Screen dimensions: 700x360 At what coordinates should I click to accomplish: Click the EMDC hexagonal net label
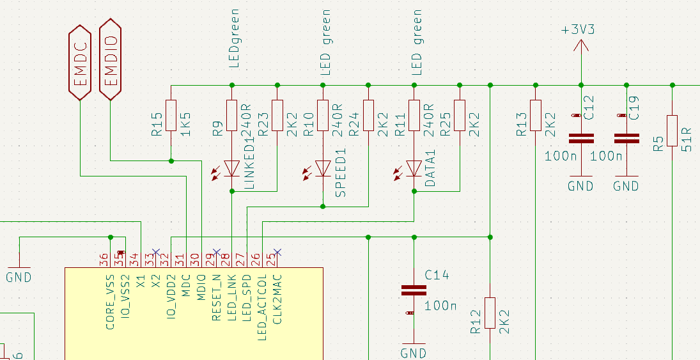80,63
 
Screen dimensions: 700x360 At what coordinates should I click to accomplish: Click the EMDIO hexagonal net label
110,59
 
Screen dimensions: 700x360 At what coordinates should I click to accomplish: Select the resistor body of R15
171,115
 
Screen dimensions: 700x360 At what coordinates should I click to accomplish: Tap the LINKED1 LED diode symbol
231,169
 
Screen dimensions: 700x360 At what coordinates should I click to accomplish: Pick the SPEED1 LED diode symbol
323,169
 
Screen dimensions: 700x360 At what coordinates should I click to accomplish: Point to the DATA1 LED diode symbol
414,169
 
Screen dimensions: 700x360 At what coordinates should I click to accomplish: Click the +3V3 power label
578,30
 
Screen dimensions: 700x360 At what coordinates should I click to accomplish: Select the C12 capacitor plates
581,139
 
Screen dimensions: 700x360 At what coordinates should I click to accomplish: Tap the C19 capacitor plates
626,139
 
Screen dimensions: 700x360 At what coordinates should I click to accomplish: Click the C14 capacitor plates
414,290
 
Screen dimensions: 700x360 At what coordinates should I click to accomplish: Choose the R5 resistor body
673,130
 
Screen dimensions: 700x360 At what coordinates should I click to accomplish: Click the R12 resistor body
490,313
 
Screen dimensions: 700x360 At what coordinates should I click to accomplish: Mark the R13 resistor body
536,115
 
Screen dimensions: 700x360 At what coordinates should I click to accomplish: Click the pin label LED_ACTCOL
262,308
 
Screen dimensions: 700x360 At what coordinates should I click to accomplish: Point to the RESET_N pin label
217,297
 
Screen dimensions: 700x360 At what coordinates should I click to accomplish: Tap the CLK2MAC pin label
277,299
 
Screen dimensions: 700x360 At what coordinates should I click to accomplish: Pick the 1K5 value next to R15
185,124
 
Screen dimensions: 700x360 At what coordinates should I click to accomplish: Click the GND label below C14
414,354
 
